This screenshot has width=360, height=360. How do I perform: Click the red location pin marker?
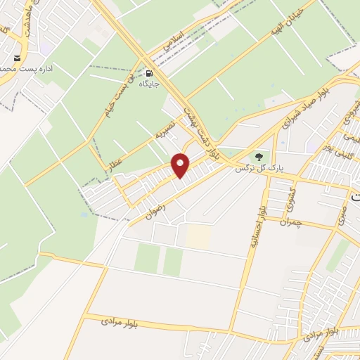181,165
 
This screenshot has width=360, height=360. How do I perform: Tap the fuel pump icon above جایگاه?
150,72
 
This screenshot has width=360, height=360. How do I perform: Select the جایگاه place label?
150,83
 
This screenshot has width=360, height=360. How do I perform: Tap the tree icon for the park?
259,157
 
